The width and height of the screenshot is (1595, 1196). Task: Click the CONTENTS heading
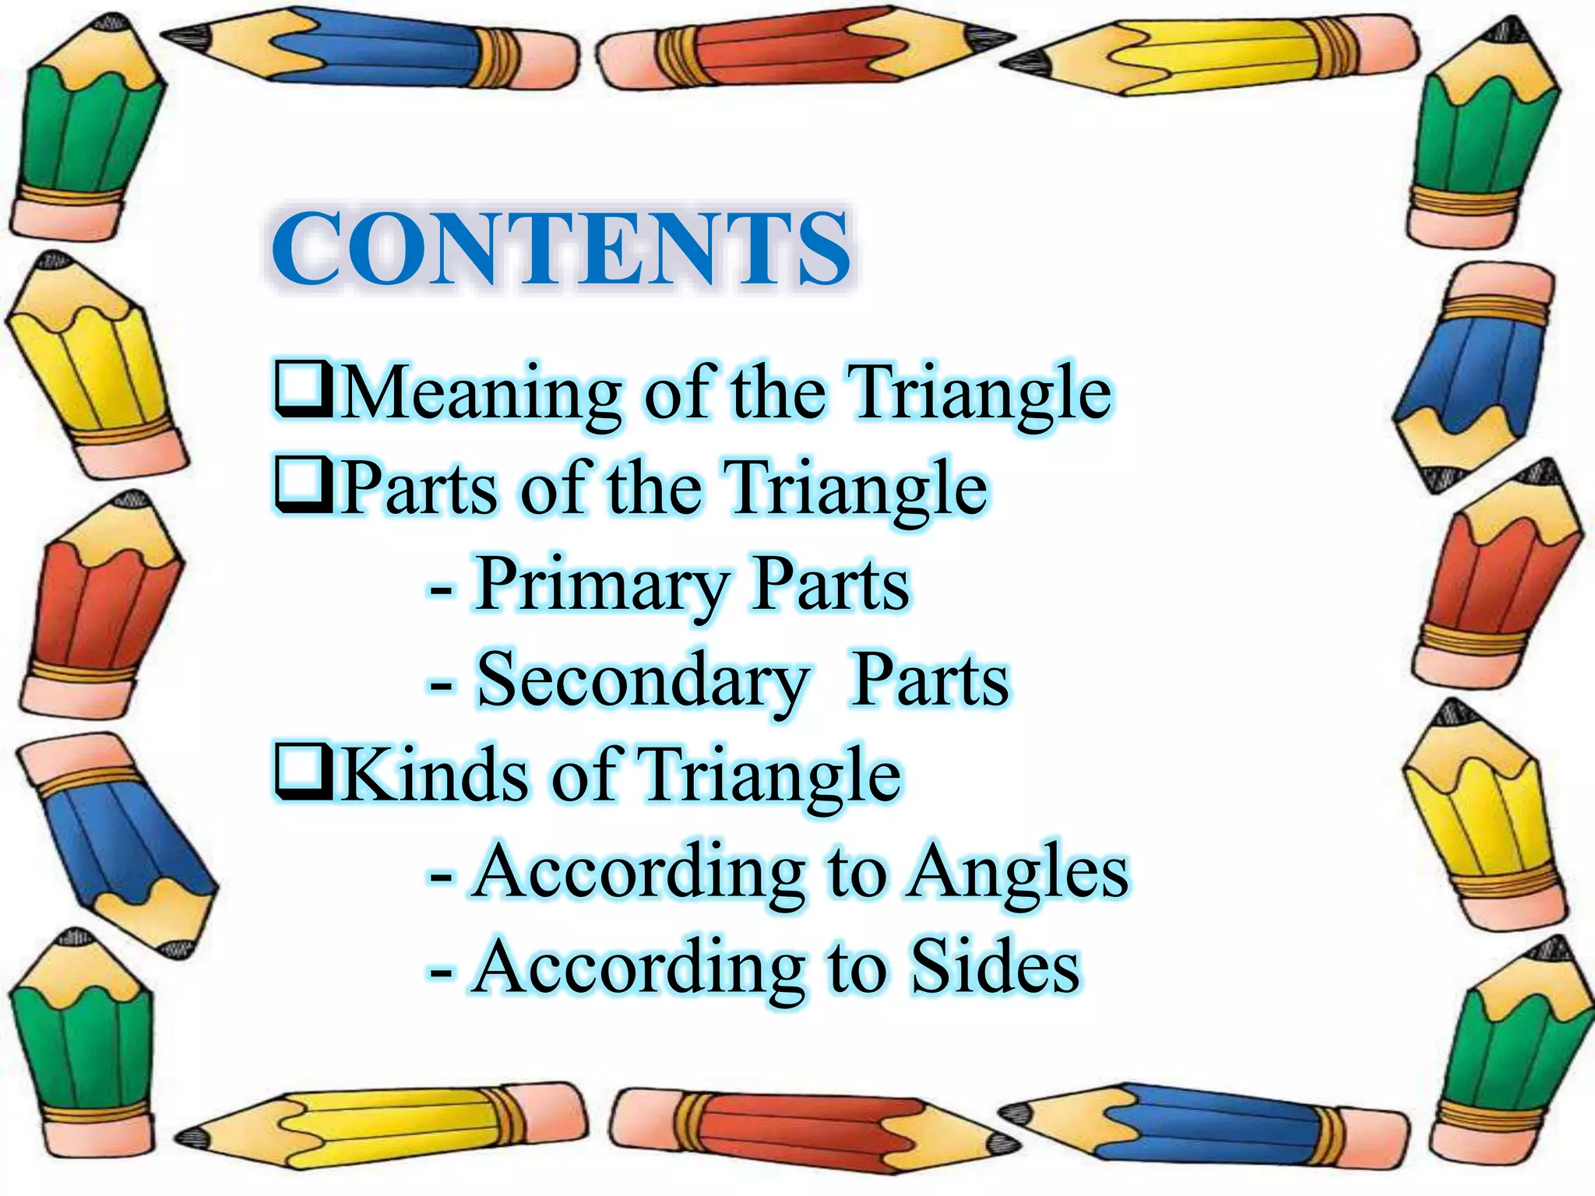pos(561,248)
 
